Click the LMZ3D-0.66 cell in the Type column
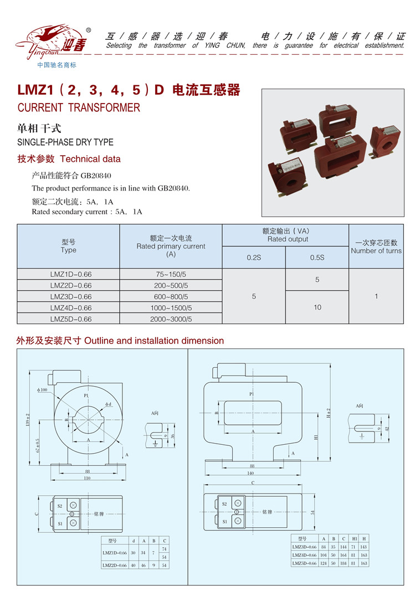pos(70,296)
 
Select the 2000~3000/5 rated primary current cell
pos(171,319)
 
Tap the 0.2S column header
pos(254,258)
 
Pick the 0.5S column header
pos(317,258)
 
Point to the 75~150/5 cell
pos(171,274)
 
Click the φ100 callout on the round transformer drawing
pos(43,390)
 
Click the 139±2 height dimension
pos(27,419)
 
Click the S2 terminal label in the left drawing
pos(59,505)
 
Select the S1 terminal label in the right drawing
pos(224,521)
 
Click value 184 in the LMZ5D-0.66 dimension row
pos(344,563)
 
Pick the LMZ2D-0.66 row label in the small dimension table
pos(115,565)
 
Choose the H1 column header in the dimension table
pos(353,538)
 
